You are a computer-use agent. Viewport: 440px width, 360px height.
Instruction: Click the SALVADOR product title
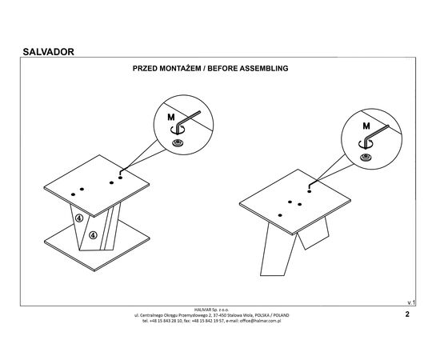(48, 52)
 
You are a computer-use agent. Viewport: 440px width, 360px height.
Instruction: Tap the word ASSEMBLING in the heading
(264, 69)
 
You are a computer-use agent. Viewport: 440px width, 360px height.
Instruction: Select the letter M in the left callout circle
(171, 118)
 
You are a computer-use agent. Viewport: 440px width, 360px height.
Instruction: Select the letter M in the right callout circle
(366, 126)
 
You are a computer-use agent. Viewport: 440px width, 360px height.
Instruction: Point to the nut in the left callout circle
(178, 142)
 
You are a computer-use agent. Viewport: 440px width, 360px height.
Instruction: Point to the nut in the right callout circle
(366, 158)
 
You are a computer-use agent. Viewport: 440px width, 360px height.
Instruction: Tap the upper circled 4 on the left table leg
(79, 218)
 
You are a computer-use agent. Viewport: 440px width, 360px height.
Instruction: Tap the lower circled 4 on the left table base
(93, 235)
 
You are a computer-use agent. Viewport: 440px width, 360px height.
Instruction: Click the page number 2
(407, 314)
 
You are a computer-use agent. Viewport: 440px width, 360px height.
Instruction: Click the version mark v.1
(411, 302)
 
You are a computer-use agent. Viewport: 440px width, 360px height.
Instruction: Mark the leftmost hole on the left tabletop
(74, 194)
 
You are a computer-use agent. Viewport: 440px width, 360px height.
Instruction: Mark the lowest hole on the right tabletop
(280, 215)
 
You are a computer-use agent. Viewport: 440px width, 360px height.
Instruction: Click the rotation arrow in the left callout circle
(178, 130)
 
